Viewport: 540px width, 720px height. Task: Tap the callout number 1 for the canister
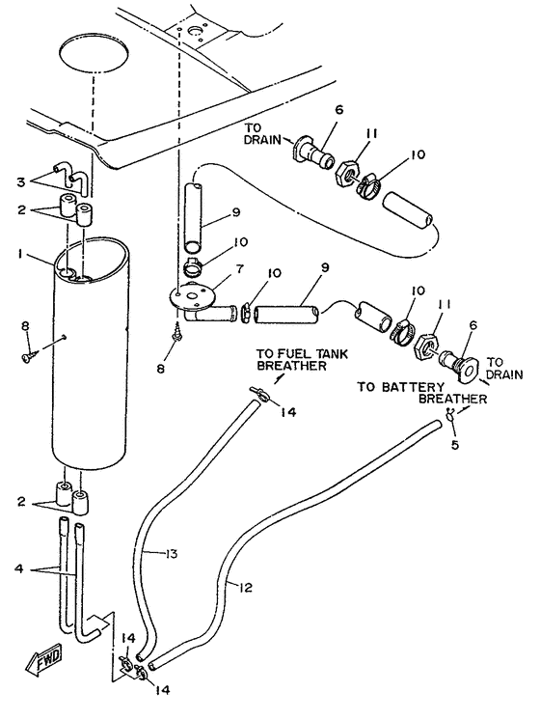pos(20,254)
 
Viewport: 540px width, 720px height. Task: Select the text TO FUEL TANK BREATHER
pos(302,360)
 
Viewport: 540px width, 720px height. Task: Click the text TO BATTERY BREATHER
pos(422,393)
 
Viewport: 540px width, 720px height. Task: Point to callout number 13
pos(171,554)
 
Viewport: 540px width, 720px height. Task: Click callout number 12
pos(246,588)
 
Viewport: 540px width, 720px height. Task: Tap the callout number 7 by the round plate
pos(240,268)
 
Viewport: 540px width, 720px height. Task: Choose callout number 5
pos(455,445)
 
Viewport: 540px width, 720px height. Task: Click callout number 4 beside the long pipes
pos(19,568)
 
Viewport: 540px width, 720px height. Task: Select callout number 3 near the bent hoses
pos(20,182)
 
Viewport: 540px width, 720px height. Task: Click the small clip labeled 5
pos(450,414)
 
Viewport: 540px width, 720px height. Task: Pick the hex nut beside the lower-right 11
pos(426,346)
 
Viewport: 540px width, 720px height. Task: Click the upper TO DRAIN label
pos(261,133)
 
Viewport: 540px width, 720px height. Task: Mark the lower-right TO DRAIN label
pos(504,369)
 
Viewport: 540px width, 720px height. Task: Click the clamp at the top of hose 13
pos(259,393)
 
